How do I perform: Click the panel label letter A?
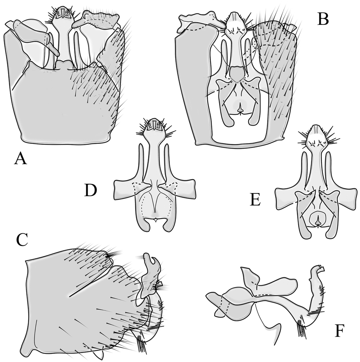(20, 159)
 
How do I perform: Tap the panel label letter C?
(22, 240)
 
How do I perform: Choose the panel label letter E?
(255, 200)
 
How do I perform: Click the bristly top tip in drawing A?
(63, 14)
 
